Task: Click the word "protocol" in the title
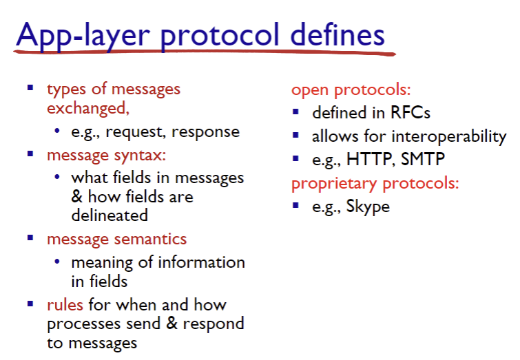[x=220, y=36]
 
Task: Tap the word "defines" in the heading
[x=337, y=34]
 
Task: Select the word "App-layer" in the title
[x=83, y=36]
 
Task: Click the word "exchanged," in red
[x=88, y=108]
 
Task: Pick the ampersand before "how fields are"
[x=76, y=196]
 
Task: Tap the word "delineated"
[x=110, y=215]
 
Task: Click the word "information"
[x=202, y=262]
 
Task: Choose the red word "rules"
[x=65, y=305]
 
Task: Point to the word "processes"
[x=83, y=324]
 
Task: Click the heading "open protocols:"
[x=351, y=90]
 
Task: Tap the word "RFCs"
[x=410, y=112]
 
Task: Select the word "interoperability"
[x=449, y=137]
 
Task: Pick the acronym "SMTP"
[x=423, y=159]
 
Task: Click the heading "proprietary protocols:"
[x=375, y=184]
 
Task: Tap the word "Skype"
[x=368, y=207]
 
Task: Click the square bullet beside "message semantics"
[x=30, y=237]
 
